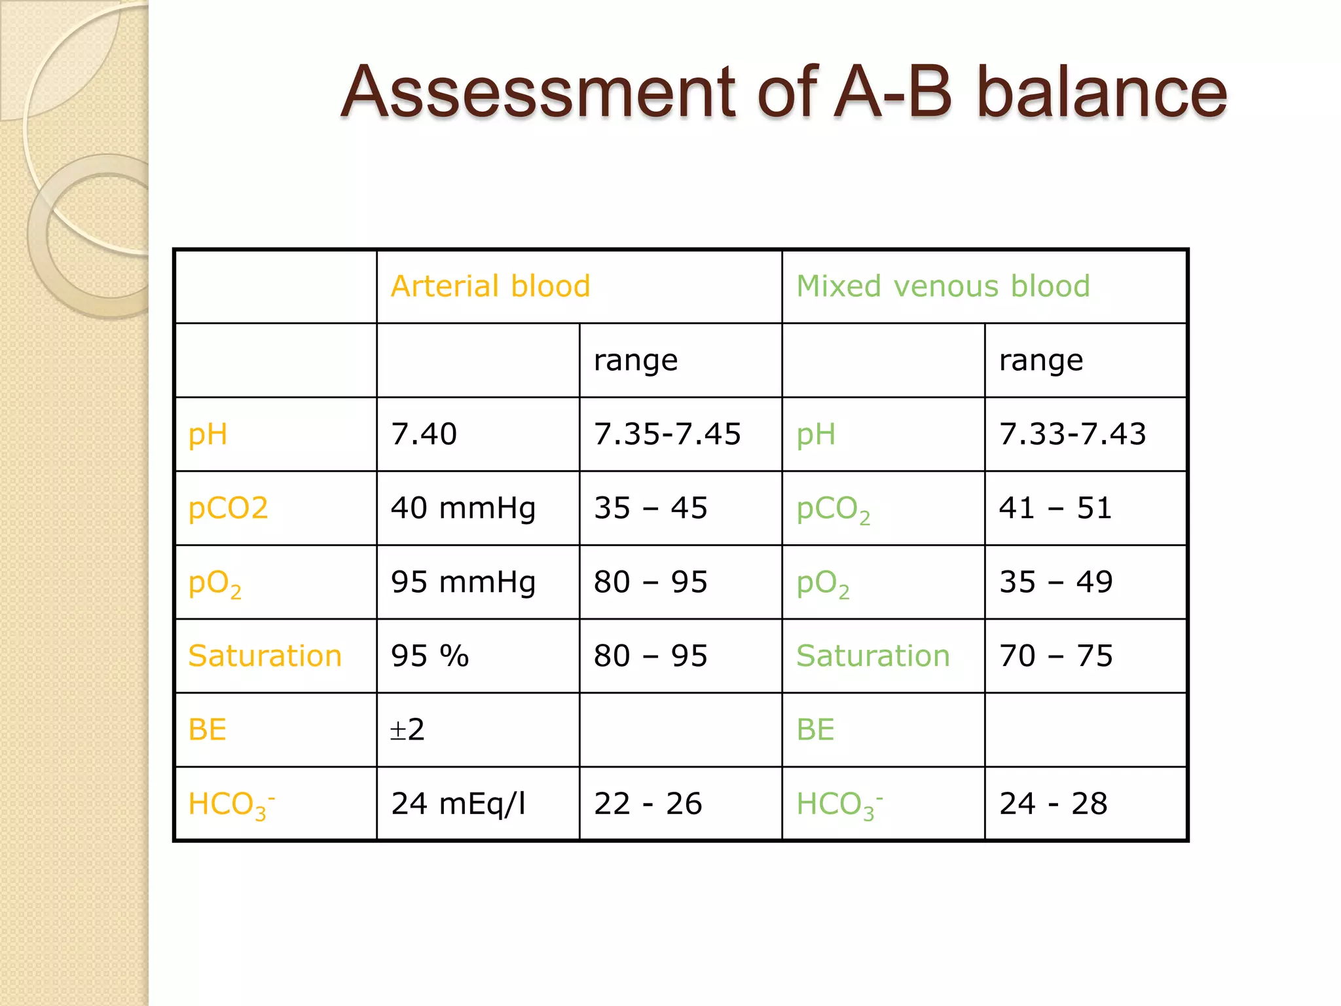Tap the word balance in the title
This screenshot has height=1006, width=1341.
coord(1101,93)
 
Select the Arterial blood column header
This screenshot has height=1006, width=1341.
coord(490,286)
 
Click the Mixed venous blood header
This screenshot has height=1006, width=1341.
coord(943,286)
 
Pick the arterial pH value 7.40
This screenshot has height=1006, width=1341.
coord(424,434)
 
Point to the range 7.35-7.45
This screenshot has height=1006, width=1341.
coord(667,434)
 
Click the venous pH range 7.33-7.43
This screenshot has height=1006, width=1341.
coord(1073,434)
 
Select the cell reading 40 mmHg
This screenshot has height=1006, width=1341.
coord(463,508)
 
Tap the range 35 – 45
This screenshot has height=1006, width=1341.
coord(650,508)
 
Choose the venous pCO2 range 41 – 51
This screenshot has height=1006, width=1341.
coord(1056,508)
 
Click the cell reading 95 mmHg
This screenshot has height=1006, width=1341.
coord(463,582)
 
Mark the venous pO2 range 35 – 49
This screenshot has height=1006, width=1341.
coord(1056,582)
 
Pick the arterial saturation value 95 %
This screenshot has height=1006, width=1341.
coord(430,656)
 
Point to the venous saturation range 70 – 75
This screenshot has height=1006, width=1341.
coord(1056,656)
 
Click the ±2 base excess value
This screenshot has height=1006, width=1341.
coord(407,730)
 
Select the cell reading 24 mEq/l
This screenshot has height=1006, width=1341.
coord(458,804)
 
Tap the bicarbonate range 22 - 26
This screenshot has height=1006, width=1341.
coord(648,804)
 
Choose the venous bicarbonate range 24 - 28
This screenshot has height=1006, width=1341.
coord(1053,804)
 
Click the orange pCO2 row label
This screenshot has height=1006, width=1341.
coord(228,508)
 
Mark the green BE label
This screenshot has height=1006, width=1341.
coord(815,730)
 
